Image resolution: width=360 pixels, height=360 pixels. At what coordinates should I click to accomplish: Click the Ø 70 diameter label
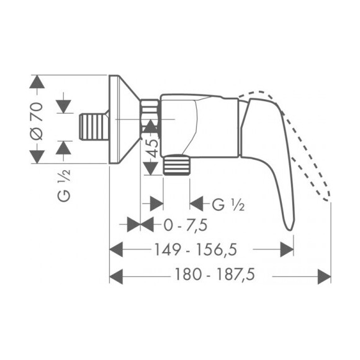37,122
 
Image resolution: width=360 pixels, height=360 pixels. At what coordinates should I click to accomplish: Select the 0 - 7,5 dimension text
186,225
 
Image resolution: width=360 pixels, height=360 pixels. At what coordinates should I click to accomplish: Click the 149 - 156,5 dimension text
196,250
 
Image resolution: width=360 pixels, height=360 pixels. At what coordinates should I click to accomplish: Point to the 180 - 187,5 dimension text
215,274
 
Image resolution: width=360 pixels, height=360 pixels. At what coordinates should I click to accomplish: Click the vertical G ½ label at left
64,186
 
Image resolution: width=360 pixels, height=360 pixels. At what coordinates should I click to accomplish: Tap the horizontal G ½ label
228,205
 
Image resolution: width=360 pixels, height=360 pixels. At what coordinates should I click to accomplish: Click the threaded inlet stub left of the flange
94,127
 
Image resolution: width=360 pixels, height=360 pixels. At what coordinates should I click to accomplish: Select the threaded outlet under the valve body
176,164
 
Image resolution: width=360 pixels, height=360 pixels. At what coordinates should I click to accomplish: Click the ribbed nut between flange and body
150,115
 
